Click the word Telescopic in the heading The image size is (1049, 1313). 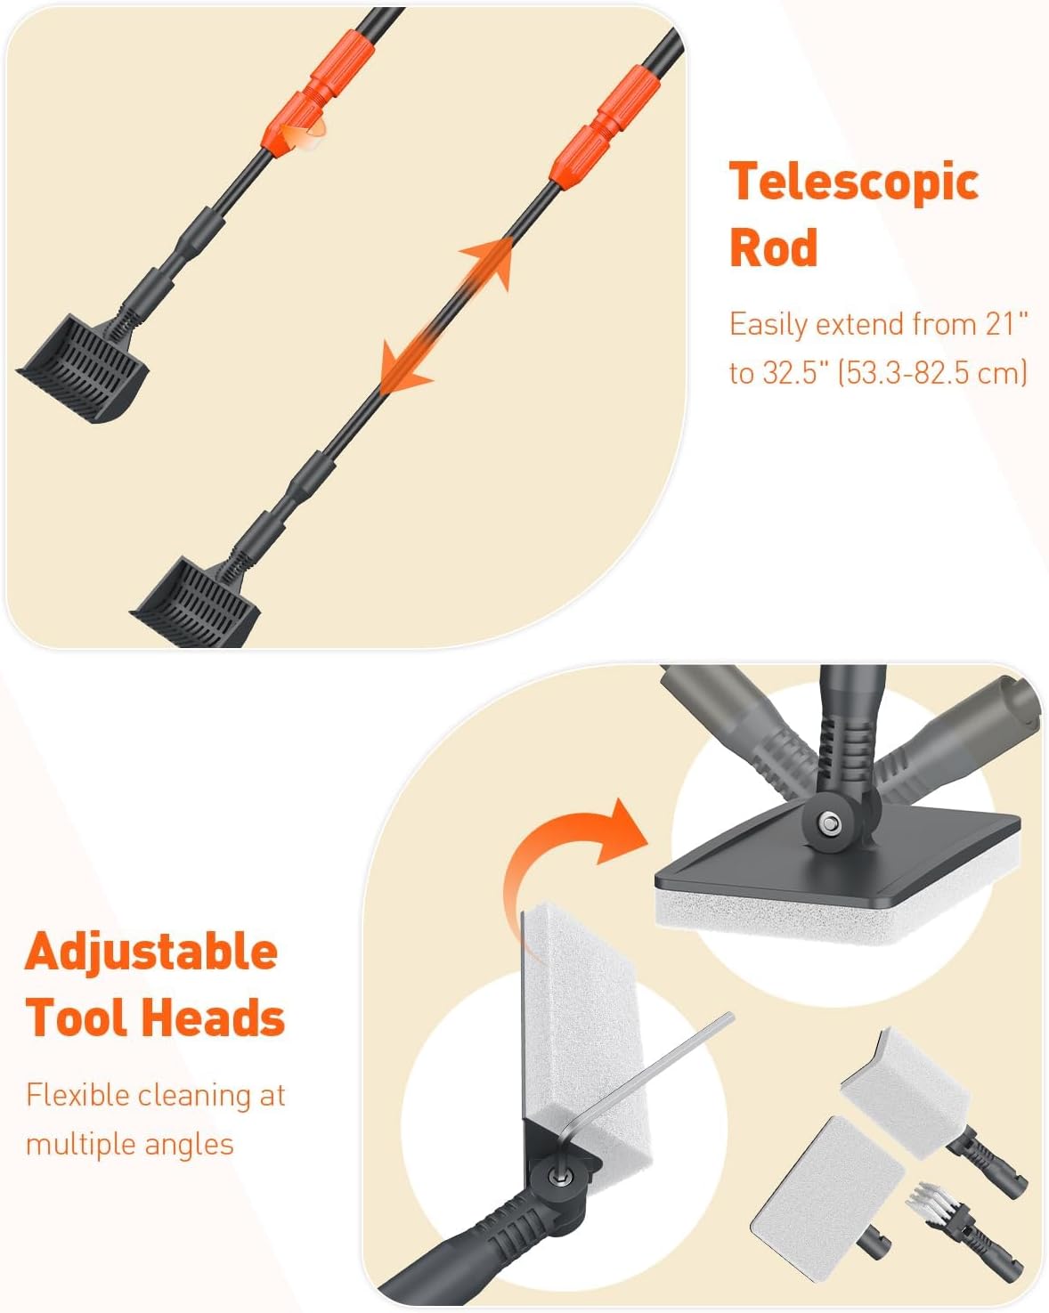[x=854, y=182]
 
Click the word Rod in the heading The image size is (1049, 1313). [x=773, y=247]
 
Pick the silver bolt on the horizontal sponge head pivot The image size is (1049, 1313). [x=829, y=823]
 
